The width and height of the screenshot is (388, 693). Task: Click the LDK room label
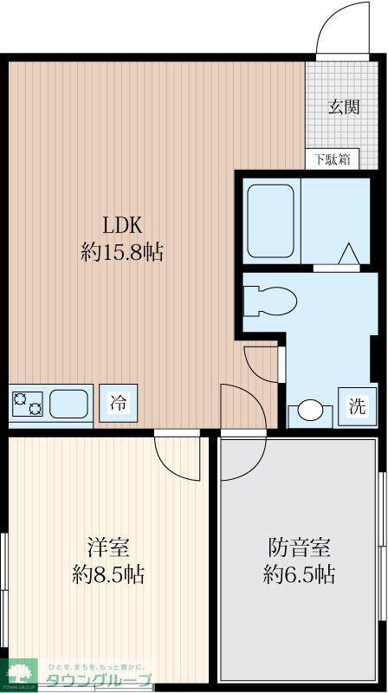click(x=123, y=226)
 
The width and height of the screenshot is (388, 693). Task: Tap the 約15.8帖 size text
click(x=123, y=253)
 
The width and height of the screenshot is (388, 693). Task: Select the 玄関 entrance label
click(x=344, y=107)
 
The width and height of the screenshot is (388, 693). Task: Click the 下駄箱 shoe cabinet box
click(x=333, y=159)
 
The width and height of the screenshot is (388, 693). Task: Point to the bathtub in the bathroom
click(x=271, y=218)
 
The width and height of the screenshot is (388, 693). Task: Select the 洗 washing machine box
click(x=357, y=405)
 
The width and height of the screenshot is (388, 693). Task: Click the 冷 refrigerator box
click(x=118, y=403)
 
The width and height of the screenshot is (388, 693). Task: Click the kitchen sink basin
click(x=69, y=404)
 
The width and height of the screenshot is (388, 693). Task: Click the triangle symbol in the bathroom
click(x=348, y=254)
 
